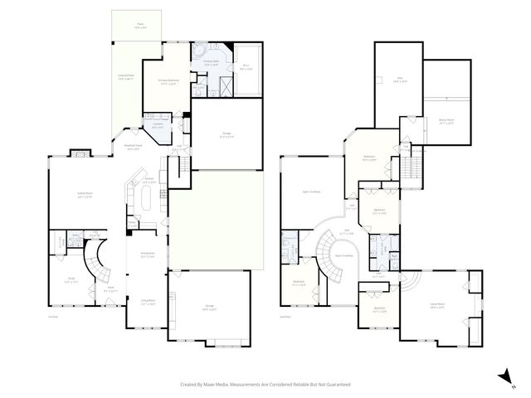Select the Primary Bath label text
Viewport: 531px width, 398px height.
[211, 63]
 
